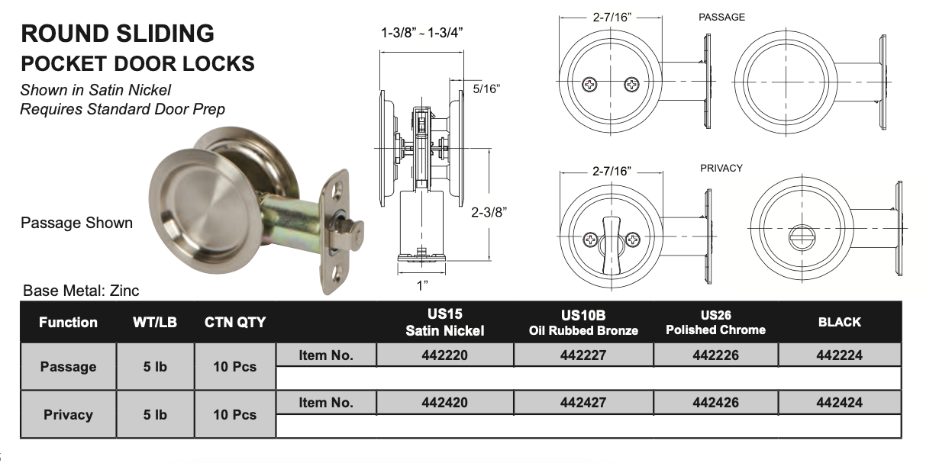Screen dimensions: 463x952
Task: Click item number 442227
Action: pos(583,355)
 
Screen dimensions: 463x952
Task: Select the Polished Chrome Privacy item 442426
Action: pos(715,402)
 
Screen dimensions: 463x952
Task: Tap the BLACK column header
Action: pos(839,322)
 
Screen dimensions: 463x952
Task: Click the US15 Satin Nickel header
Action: pos(445,322)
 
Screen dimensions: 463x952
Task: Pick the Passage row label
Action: pos(68,367)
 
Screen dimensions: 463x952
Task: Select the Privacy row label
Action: pos(68,415)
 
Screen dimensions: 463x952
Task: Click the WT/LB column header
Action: pos(155,322)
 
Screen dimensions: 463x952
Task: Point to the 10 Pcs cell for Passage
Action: pos(234,367)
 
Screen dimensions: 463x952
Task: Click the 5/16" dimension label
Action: pos(486,88)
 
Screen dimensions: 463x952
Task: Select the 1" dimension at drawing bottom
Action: pos(422,285)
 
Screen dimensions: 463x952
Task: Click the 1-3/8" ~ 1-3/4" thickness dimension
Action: pos(422,33)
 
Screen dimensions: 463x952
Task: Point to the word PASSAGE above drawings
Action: pos(721,17)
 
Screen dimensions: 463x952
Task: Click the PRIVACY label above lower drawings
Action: pos(721,168)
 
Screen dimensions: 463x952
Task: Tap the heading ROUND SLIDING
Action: pos(117,34)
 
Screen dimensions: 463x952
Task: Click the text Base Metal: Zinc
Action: pos(81,291)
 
